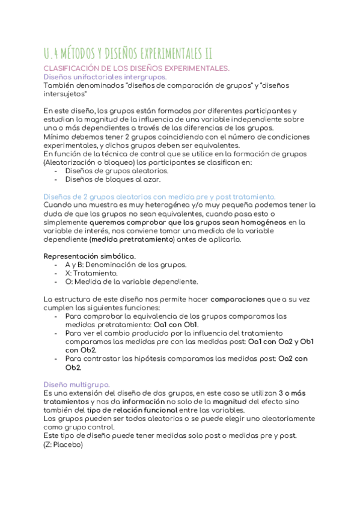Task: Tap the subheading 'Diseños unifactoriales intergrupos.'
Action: pos(106,77)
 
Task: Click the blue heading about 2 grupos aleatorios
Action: pos(160,197)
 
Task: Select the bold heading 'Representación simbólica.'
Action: pos(90,256)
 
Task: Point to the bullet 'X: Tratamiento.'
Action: pos(88,273)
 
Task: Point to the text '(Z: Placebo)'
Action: pos(63,444)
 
